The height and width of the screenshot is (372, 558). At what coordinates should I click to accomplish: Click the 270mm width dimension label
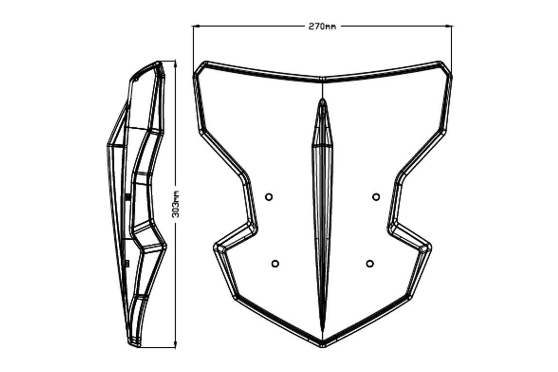coord(322,26)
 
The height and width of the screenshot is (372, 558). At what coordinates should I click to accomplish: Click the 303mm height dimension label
coord(175,204)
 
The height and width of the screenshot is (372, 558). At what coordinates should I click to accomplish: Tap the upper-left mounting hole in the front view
coord(269,197)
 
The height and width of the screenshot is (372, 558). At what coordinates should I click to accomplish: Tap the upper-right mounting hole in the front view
coord(376,197)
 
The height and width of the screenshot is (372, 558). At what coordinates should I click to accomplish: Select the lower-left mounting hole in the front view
coord(275,263)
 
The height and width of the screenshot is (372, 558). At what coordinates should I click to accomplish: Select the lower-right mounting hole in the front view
coord(370,263)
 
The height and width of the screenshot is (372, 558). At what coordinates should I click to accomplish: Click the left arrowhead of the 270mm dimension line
coord(195,26)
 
